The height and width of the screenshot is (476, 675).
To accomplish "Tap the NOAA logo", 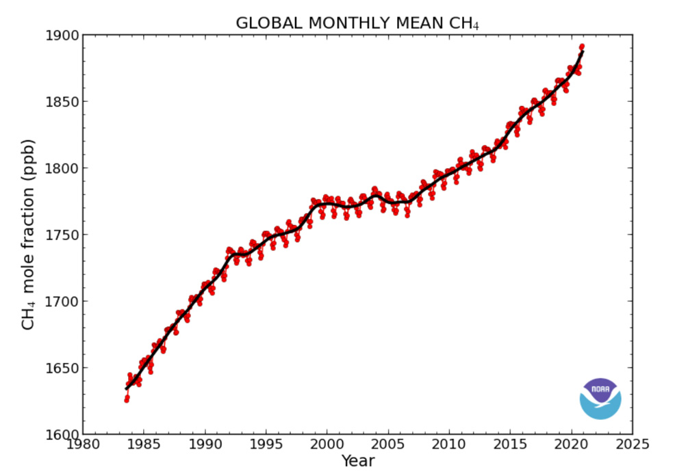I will point(600,399).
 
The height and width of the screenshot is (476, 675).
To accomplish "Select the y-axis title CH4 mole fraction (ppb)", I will point(28,234).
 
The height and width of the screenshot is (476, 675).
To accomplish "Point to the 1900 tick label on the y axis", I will point(61,35).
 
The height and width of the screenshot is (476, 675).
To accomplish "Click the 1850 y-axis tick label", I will point(61,102).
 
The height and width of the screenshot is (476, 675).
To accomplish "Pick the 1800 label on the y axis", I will point(61,168).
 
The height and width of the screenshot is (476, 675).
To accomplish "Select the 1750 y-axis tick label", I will point(61,235).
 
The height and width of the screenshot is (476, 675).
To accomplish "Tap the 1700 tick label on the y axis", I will point(61,302).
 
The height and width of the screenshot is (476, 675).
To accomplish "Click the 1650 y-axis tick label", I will point(61,368).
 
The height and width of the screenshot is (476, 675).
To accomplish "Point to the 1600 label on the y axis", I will point(61,434).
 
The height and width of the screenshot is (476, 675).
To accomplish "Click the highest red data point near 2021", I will point(582,47).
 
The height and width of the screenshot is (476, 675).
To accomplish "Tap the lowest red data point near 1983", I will point(127,399).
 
